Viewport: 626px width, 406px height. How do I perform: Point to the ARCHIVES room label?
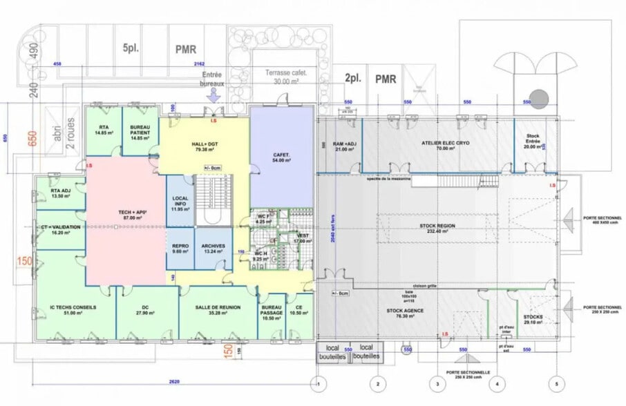click(x=213, y=249)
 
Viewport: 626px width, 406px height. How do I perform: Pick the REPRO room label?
click(x=180, y=249)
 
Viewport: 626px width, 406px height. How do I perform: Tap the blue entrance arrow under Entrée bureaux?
click(x=213, y=97)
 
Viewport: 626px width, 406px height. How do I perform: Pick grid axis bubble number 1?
click(x=318, y=383)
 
